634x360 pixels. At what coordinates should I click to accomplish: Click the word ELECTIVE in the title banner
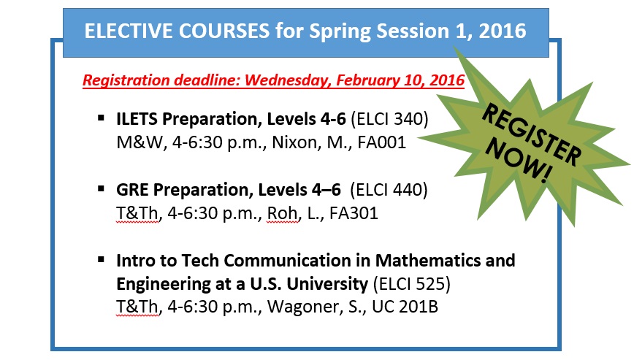point(129,31)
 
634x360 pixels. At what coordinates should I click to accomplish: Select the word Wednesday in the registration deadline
point(288,80)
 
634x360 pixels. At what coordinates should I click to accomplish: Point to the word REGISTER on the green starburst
point(531,134)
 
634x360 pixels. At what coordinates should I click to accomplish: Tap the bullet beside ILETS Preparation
point(101,118)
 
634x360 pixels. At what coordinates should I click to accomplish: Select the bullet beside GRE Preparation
point(101,188)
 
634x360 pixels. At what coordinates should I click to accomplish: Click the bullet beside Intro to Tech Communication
point(101,259)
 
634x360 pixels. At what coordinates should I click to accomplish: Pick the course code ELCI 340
point(389,119)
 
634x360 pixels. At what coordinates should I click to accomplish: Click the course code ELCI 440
point(389,190)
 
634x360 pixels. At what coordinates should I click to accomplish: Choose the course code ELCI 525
point(412,283)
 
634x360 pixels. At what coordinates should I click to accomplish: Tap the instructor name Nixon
point(289,142)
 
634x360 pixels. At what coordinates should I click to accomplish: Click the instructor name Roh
point(282,213)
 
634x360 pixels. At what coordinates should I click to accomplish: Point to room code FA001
point(382,142)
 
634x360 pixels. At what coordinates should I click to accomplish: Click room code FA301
point(354,213)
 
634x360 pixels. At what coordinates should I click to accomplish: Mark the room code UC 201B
point(405,307)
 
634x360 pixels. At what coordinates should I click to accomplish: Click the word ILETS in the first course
point(137,119)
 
